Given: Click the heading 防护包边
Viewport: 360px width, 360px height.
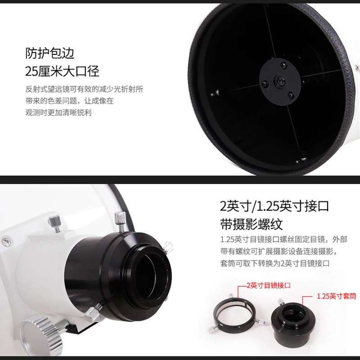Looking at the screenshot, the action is coord(50,53).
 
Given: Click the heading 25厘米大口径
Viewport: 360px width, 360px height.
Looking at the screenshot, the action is coord(62,71).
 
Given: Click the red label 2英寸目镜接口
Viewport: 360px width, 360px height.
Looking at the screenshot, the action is coord(269,285).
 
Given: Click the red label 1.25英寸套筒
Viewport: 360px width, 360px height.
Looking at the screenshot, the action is coord(337,296).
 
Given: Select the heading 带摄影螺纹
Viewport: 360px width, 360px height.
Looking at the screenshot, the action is coord(252,224).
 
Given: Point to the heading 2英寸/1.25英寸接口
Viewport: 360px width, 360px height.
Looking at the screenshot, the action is coord(274,206).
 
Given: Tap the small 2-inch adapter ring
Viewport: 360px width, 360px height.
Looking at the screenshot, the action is coord(234,313).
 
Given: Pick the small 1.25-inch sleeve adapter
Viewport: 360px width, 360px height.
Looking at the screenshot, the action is coord(293,319).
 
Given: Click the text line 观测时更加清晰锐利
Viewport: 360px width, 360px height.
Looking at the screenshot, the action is coord(58,112).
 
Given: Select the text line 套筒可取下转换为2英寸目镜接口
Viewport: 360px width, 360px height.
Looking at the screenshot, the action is coord(275,263).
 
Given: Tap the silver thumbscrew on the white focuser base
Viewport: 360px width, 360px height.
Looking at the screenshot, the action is coord(55,223).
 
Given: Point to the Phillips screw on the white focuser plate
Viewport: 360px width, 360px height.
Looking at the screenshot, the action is coord(6,241).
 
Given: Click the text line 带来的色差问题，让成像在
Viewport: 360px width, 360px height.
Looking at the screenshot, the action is coord(69,100).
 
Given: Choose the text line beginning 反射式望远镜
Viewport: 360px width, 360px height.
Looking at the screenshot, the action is coord(84,89).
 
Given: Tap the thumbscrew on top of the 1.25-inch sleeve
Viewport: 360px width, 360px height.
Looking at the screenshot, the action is coord(281,301).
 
